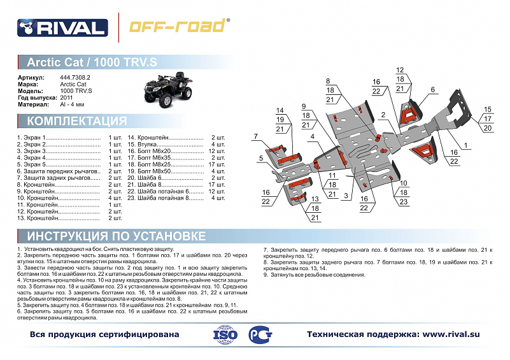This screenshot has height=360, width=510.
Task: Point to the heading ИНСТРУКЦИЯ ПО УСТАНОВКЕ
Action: click(x=116, y=236)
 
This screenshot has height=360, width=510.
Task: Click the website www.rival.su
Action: click(x=451, y=334)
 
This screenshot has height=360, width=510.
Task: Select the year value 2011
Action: click(x=66, y=97)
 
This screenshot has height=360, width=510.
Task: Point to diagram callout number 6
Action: click(x=432, y=90)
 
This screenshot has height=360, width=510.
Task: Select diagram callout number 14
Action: click(x=280, y=111)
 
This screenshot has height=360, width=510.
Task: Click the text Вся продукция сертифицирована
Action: click(x=104, y=335)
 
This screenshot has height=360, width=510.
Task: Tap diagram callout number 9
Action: click(x=304, y=106)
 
